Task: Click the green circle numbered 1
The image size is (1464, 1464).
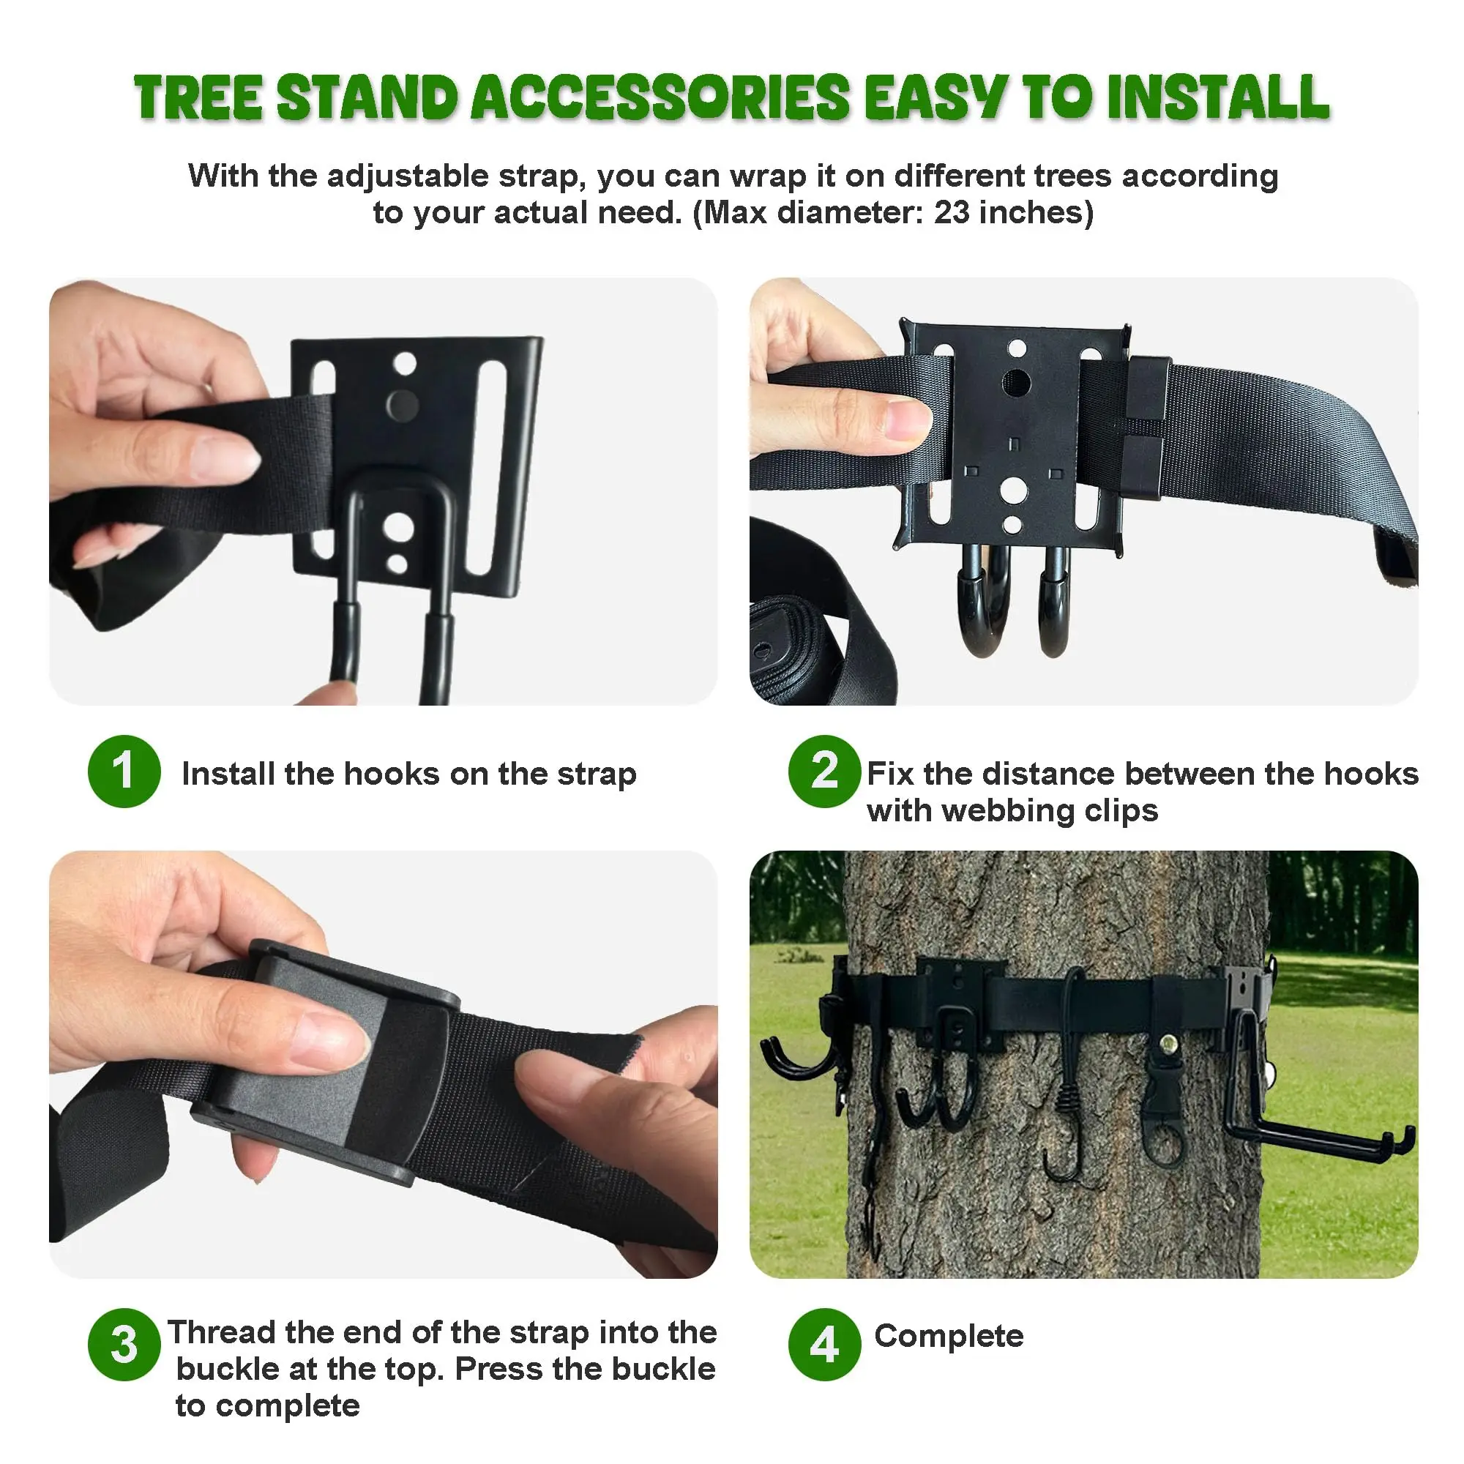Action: (124, 771)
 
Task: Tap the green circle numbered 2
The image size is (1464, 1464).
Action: (823, 771)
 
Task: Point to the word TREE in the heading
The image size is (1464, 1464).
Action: (198, 98)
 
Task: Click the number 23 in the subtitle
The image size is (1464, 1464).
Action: (950, 213)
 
